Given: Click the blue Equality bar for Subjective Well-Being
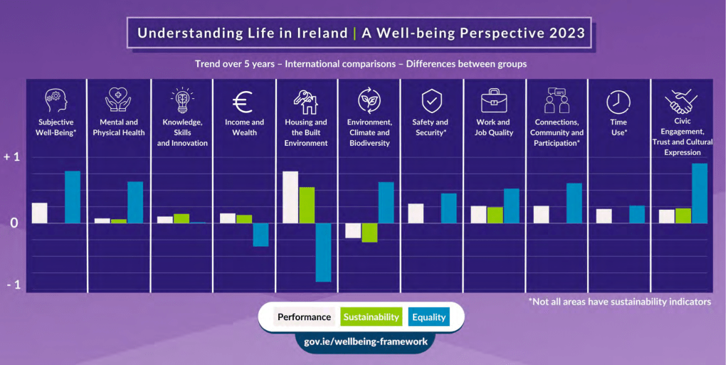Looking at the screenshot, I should tap(73, 197).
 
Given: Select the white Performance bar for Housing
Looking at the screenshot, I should tap(290, 197).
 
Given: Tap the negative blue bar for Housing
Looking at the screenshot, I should tap(323, 253).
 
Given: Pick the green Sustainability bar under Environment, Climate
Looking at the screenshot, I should tap(369, 233).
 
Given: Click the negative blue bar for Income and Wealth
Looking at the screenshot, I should tap(260, 235).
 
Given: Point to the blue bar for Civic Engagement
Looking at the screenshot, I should tap(700, 194).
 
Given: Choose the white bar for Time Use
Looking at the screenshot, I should tap(604, 216).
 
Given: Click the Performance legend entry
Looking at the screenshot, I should tap(304, 317).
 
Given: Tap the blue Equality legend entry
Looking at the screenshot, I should tap(428, 317).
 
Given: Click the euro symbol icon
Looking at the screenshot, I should tap(243, 103).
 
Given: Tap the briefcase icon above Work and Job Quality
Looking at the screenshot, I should tap(494, 101).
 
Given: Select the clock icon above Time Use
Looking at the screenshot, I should tap(618, 102).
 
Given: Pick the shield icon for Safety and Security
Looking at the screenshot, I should tap(431, 102).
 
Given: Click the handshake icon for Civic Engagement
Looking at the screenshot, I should tap(681, 102).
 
